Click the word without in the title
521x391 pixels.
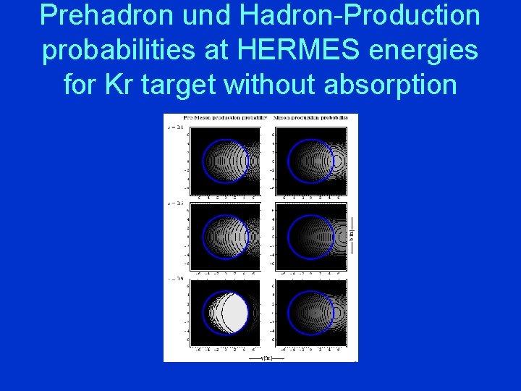tap(269, 85)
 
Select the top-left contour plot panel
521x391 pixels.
tap(224, 159)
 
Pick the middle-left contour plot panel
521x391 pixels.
tap(224, 236)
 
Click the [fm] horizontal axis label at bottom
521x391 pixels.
tap(266, 357)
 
